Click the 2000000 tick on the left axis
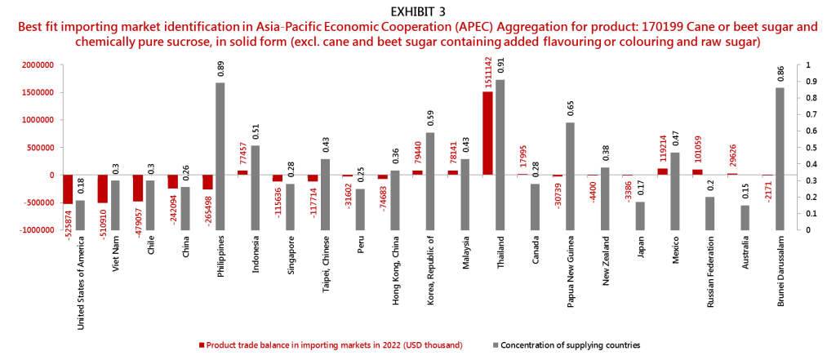coord(38,64)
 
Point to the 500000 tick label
coord(41,147)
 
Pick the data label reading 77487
coord(243,155)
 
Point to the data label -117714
coord(313,201)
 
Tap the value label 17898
coord(523,156)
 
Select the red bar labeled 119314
coord(662,171)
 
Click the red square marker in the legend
coord(202,345)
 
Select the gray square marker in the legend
coord(496,345)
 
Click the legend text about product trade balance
coord(335,345)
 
